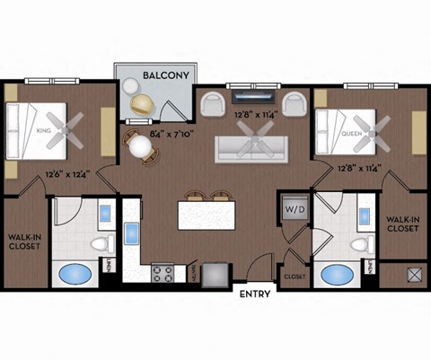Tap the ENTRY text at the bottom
(x=254, y=294)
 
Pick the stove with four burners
(x=163, y=272)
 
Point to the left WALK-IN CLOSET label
(x=25, y=243)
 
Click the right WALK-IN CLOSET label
(x=400, y=224)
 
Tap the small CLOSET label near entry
(x=295, y=277)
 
